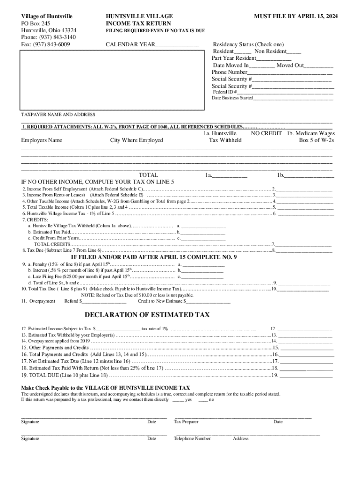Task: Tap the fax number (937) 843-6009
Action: (x=45, y=44)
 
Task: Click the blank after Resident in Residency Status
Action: (x=243, y=52)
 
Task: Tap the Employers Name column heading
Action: (x=42, y=140)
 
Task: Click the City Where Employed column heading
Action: (x=137, y=140)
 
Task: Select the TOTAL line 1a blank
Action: (x=230, y=176)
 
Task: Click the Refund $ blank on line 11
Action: (x=106, y=302)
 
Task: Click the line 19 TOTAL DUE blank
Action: (x=306, y=376)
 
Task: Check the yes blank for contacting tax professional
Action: (x=178, y=400)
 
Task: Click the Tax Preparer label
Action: (x=186, y=422)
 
